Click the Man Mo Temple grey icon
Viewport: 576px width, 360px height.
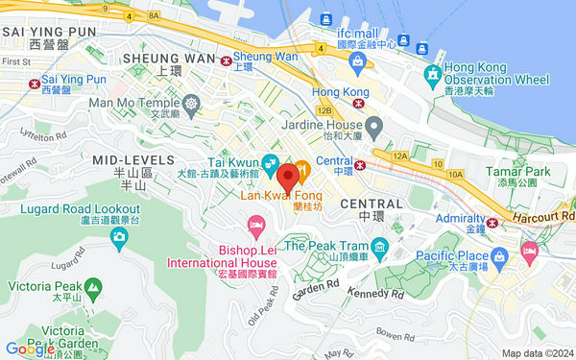(x=192, y=103)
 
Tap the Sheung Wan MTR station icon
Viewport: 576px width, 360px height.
(x=228, y=60)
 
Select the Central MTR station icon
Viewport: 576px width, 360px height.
(x=361, y=165)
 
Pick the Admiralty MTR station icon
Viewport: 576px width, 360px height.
(x=492, y=223)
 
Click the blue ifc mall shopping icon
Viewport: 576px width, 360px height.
(x=359, y=62)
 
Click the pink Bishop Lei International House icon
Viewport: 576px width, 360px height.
(x=255, y=227)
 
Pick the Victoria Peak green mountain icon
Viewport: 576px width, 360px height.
(x=93, y=287)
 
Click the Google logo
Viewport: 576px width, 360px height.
(x=29, y=348)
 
